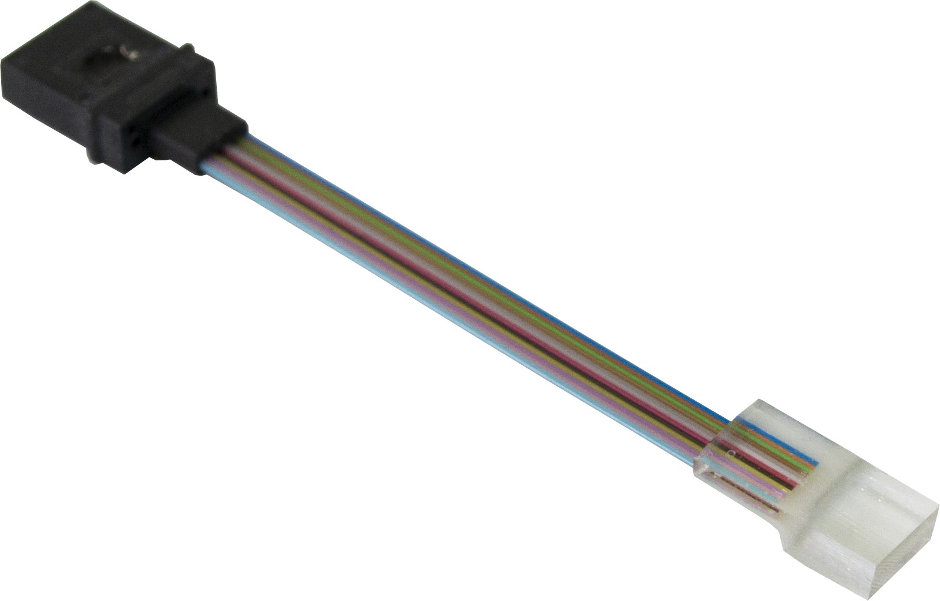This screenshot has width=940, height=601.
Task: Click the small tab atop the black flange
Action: click(x=187, y=47)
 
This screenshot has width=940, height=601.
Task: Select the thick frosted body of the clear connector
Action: click(x=852, y=505)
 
